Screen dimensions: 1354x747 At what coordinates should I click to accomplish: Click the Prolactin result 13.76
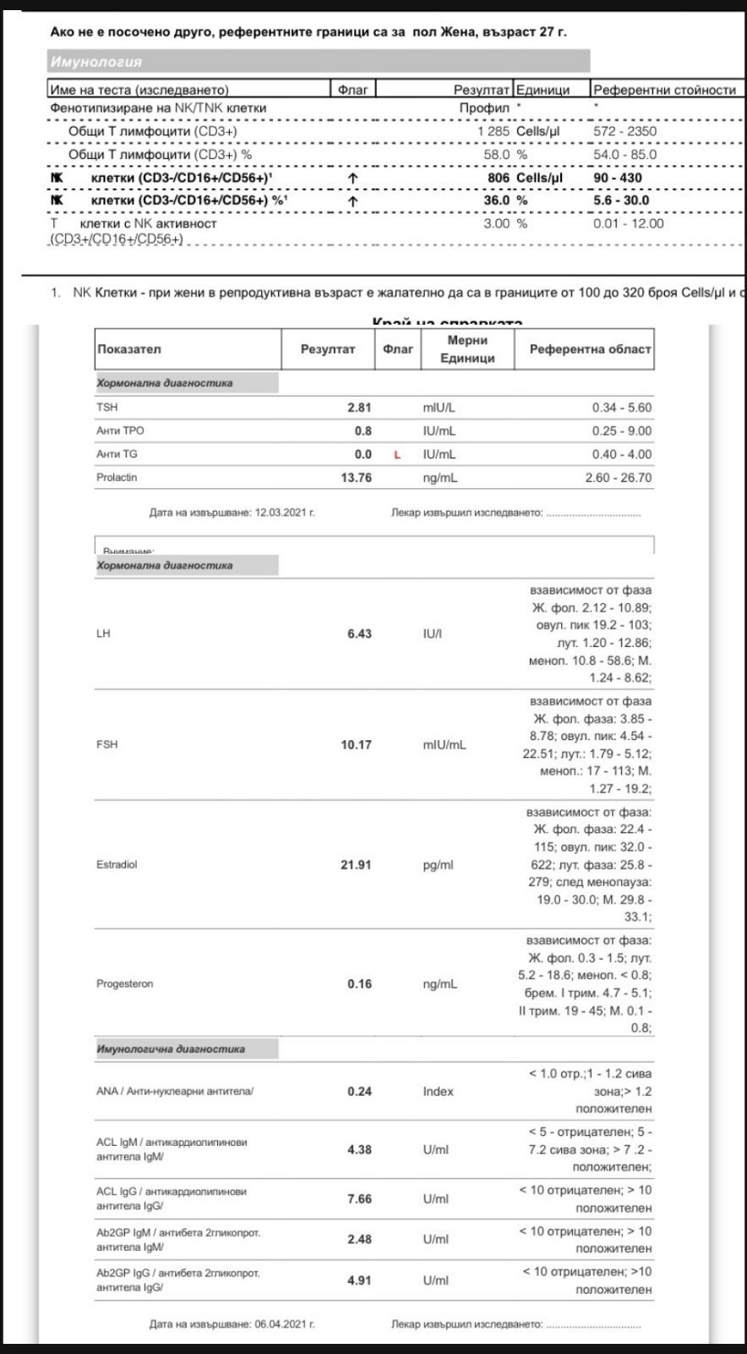tap(356, 478)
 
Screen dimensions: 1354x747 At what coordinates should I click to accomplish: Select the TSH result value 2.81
tap(359, 408)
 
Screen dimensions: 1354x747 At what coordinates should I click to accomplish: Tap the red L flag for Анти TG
tap(398, 455)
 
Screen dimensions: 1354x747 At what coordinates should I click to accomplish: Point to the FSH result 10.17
tap(356, 745)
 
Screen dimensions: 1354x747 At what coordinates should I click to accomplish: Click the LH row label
tap(103, 633)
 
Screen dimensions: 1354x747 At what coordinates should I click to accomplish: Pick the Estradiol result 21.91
tap(356, 865)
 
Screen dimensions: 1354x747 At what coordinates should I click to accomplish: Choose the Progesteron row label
tap(124, 984)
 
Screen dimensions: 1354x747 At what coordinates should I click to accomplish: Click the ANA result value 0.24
tap(359, 1092)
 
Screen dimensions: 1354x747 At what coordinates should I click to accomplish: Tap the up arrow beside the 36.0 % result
tap(352, 201)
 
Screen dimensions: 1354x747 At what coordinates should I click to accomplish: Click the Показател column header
tap(128, 349)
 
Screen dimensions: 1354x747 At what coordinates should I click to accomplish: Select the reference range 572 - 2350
tap(624, 131)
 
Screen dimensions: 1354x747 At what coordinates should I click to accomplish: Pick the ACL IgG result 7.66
tap(359, 1199)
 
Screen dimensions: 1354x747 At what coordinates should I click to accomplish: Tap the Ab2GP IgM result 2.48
tap(359, 1240)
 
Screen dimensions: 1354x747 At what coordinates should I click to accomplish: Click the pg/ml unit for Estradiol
tap(438, 865)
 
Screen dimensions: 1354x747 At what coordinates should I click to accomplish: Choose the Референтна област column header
tap(590, 349)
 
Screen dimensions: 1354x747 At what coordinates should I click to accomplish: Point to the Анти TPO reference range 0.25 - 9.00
tap(622, 431)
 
